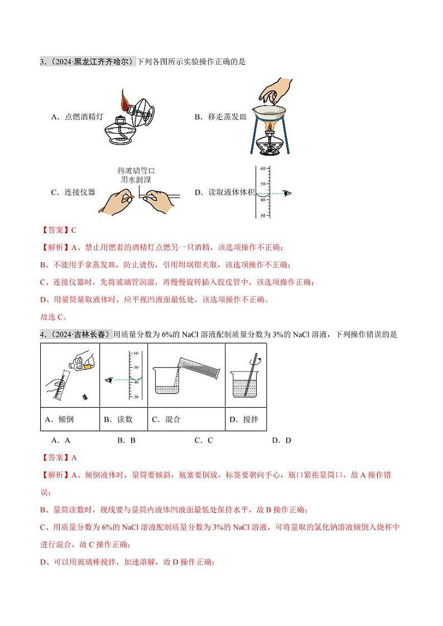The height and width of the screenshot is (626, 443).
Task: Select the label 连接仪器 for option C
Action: [73, 192]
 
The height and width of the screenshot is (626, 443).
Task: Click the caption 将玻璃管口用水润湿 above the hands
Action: [136, 175]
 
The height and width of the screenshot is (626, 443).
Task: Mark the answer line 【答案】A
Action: [58, 458]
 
